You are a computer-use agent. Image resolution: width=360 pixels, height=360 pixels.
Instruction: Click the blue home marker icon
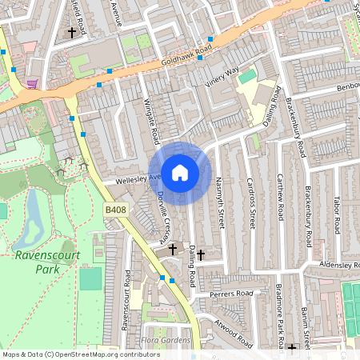180,172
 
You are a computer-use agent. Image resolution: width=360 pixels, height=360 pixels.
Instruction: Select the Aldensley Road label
336,264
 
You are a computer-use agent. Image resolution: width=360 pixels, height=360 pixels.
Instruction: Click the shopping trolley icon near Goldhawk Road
31,84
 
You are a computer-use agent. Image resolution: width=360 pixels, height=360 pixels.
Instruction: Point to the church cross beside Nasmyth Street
202,255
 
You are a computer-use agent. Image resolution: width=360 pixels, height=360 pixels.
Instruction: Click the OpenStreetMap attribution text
80,354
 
